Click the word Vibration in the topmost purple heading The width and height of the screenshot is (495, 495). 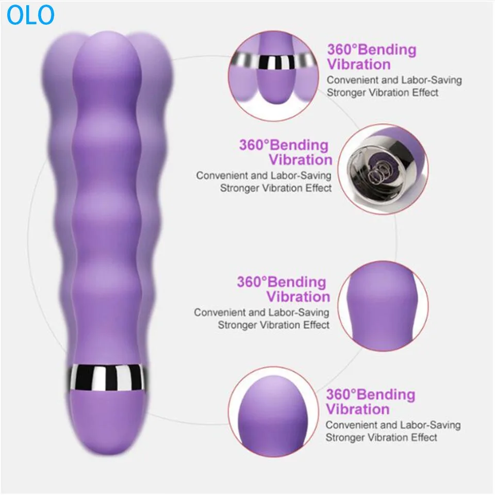[358, 65]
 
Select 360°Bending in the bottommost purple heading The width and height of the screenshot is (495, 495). [370, 395]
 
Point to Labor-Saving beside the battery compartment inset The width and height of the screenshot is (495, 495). [302, 175]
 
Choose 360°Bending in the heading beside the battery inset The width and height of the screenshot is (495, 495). [284, 145]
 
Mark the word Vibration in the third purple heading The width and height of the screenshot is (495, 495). [298, 297]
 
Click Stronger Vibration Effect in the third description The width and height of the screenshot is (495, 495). [273, 325]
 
